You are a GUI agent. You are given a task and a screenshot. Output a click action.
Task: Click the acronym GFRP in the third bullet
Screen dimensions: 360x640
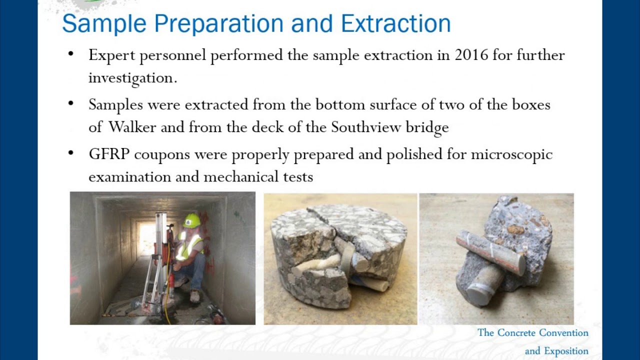[109, 154]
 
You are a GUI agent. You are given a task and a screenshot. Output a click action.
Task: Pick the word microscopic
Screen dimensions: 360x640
[511, 154]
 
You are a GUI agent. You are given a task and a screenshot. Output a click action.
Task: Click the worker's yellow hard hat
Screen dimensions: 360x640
[191, 220]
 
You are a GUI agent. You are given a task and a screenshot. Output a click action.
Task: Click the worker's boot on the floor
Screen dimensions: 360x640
[194, 297]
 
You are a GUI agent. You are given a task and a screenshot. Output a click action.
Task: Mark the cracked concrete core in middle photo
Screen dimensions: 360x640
[340, 255]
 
